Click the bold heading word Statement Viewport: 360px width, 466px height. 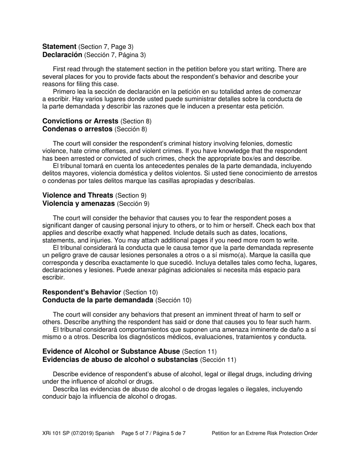(x=59, y=47)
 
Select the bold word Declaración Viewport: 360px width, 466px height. (x=62, y=55)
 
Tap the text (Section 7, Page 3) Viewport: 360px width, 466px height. (x=106, y=47)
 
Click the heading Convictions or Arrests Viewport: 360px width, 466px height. (x=80, y=121)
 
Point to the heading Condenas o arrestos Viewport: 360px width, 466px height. (x=77, y=129)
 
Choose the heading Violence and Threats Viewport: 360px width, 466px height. (x=78, y=195)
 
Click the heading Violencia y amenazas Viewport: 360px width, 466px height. (x=78, y=203)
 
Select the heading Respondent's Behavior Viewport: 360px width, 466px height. (x=82, y=292)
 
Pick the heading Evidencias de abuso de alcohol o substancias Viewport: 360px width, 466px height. (x=120, y=360)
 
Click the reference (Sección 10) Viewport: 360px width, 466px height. (x=174, y=300)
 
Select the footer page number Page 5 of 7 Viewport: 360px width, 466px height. (x=136, y=433)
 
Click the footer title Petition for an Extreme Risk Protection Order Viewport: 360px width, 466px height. (x=265, y=433)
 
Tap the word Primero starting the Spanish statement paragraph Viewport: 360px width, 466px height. (x=65, y=92)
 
